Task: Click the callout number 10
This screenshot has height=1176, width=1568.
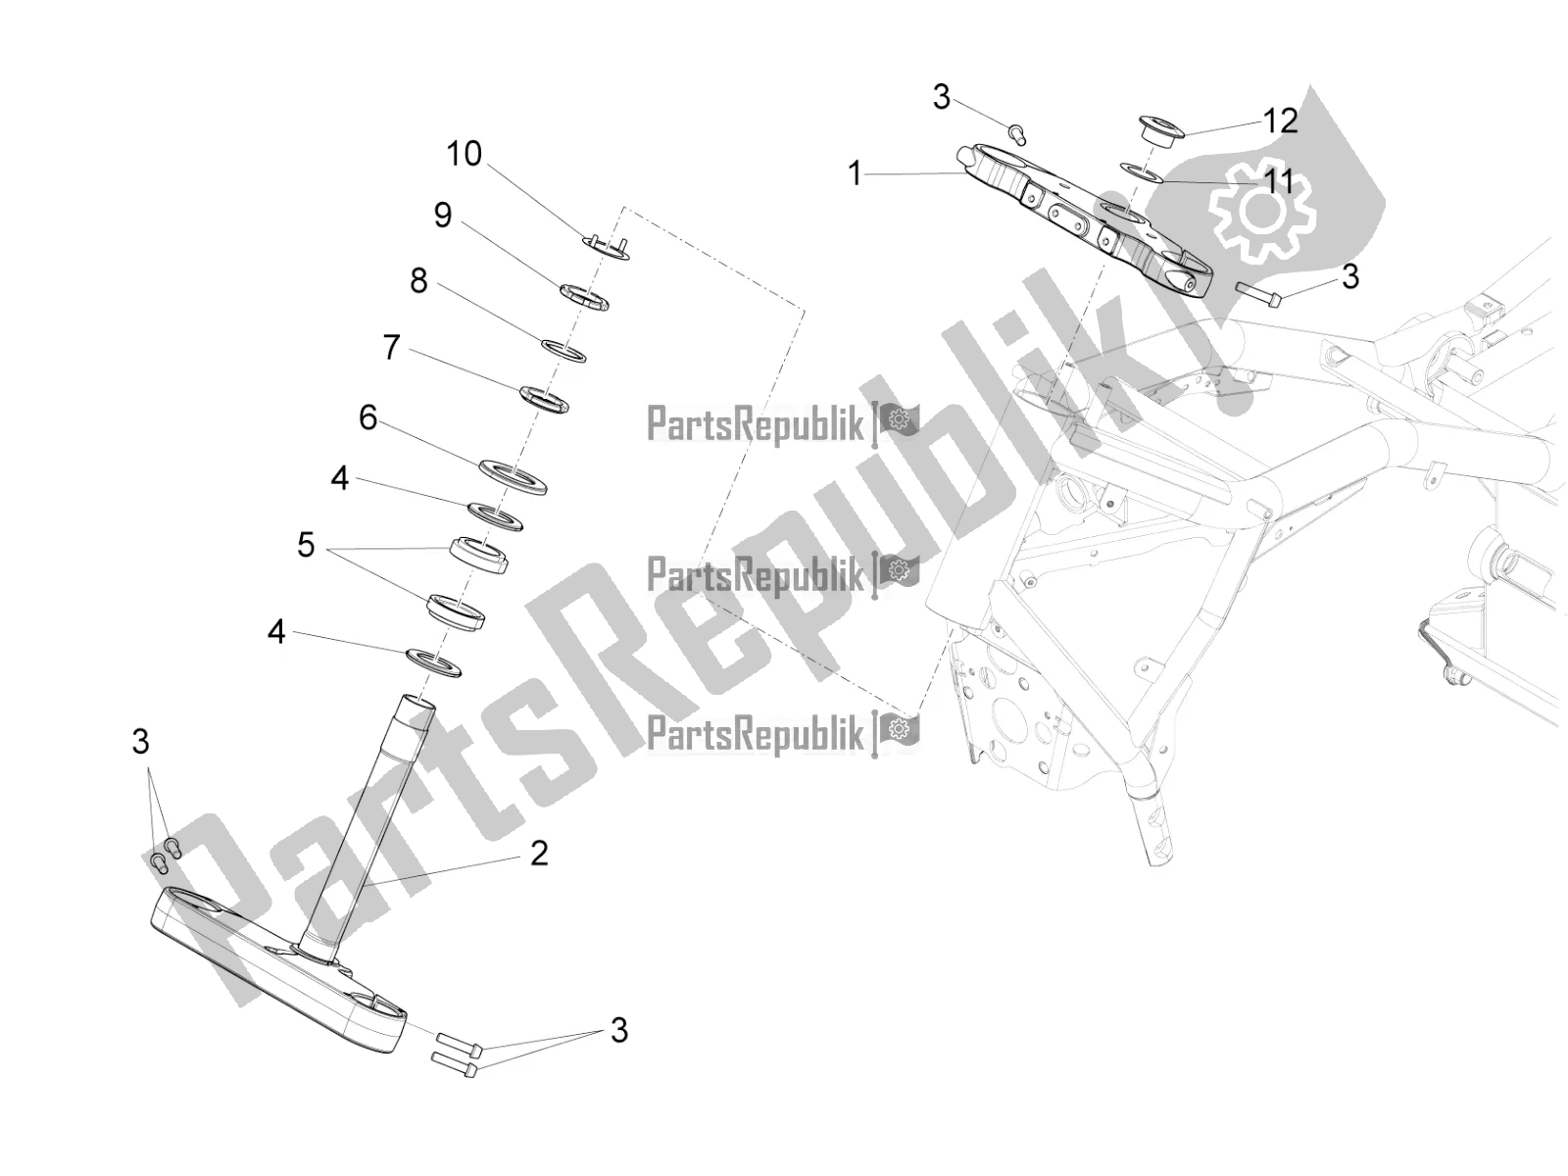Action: click(465, 154)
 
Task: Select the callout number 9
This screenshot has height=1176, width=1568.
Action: click(443, 215)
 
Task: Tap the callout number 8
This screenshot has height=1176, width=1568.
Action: click(418, 280)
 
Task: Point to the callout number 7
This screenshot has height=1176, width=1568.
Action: click(391, 348)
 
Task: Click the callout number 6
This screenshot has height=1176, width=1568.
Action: click(367, 417)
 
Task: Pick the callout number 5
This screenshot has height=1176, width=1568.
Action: click(306, 546)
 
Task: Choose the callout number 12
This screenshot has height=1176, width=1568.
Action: click(1280, 122)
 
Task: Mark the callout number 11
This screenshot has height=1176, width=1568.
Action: click(1279, 181)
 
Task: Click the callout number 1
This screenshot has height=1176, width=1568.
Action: click(855, 173)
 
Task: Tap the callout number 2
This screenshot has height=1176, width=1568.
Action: click(539, 854)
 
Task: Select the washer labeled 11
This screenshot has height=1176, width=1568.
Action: click(1140, 171)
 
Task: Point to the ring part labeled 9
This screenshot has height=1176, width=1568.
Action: click(584, 298)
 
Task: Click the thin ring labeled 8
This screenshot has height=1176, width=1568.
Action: click(563, 351)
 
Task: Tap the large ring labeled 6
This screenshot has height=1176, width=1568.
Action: click(513, 477)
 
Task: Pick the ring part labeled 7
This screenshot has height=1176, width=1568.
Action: click(544, 400)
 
